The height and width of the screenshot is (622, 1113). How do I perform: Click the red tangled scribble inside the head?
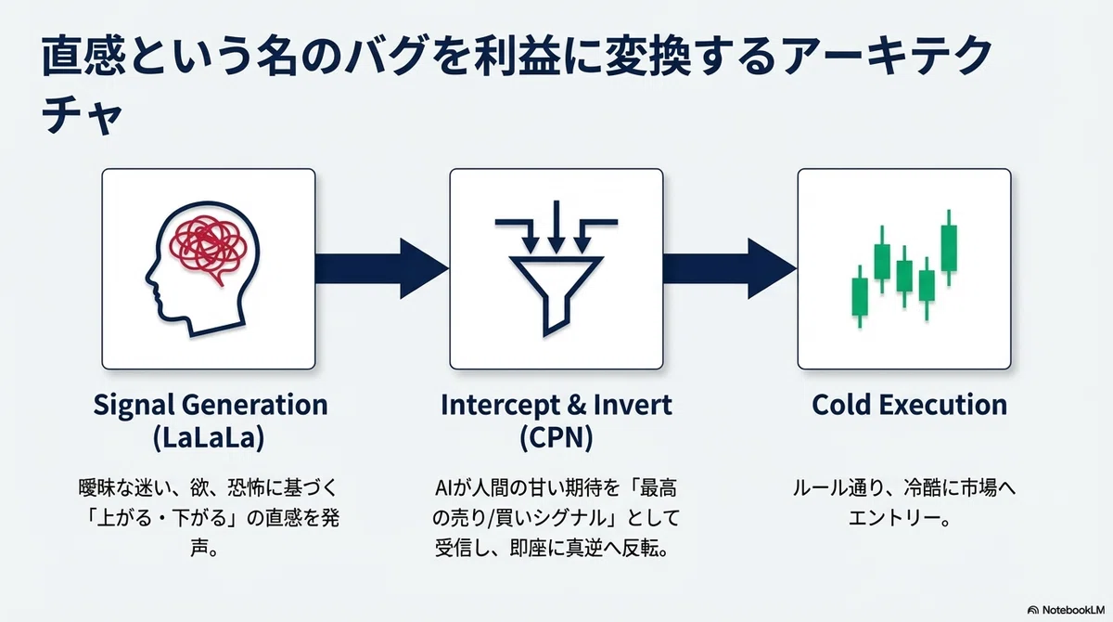tap(208, 249)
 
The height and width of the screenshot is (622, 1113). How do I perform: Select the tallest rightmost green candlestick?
tap(949, 248)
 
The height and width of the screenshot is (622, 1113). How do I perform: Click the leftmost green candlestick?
tap(860, 296)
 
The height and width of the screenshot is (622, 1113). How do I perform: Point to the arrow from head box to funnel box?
tap(381, 268)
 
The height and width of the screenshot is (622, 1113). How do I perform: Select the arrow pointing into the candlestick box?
tap(730, 268)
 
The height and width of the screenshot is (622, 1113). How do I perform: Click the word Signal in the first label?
tap(134, 406)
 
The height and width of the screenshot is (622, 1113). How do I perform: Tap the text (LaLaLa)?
tap(209, 438)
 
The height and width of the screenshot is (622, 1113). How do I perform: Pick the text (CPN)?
tap(556, 438)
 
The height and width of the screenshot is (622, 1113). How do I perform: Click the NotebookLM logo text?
tap(1073, 610)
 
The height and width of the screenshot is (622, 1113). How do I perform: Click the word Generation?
tap(254, 405)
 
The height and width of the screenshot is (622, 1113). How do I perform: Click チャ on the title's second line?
tap(82, 115)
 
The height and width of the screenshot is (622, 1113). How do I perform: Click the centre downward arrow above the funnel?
tap(556, 227)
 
